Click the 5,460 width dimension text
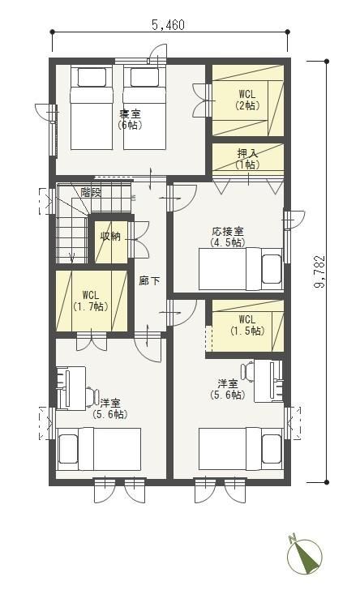point(169,25)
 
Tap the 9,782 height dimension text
point(320,271)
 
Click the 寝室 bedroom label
point(130,113)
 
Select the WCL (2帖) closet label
point(247,99)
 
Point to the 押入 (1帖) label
point(247,159)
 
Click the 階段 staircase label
point(91,192)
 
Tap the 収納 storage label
point(110,237)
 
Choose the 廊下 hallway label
point(149,280)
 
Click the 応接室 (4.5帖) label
point(228,237)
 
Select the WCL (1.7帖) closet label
point(91,301)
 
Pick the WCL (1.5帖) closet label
point(247,325)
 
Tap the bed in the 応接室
point(240,269)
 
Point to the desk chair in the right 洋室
point(247,370)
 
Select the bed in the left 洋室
point(99,449)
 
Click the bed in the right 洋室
point(240,449)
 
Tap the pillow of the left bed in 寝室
point(92,77)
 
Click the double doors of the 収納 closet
point(138,239)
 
